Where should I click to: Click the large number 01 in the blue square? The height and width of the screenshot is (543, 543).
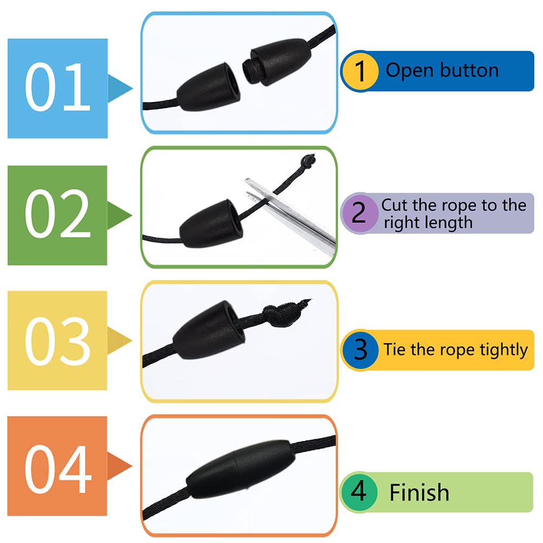pos(58,87)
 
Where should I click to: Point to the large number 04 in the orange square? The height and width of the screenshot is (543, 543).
pos(58,468)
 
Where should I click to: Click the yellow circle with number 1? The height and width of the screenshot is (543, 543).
pos(360,71)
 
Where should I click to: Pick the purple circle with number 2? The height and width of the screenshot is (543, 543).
pos(359,213)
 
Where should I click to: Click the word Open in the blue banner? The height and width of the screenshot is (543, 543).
pos(407,71)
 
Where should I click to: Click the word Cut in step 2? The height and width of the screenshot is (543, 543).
pos(393,205)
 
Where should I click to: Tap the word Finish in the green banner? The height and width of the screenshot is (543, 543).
pos(419,493)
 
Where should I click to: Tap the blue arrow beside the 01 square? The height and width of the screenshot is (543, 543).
pos(120,87)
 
